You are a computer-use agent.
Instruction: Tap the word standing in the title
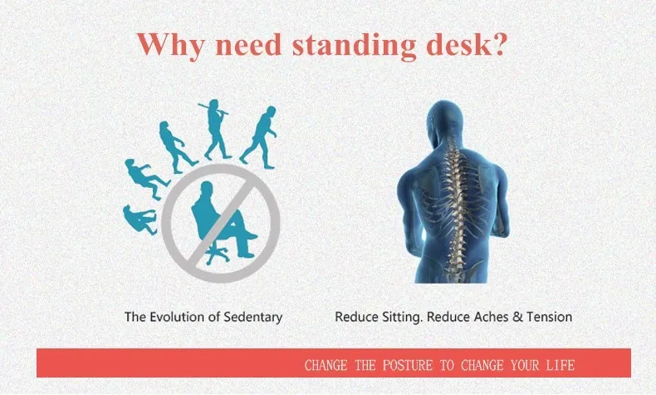pyautogui.click(x=354, y=45)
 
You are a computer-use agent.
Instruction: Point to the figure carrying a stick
pyautogui.click(x=216, y=129)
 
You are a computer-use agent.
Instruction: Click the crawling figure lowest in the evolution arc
pyautogui.click(x=140, y=220)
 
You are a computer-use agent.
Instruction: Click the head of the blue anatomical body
pyautogui.click(x=444, y=120)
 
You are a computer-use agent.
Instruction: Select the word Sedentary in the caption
pyautogui.click(x=252, y=318)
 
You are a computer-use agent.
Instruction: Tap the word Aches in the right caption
pyautogui.click(x=491, y=317)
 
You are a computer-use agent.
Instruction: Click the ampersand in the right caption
pyautogui.click(x=517, y=317)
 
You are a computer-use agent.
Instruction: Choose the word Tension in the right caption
pyautogui.click(x=550, y=317)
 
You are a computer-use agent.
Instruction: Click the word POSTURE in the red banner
pyautogui.click(x=408, y=366)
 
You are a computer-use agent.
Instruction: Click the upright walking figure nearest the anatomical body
pyautogui.click(x=259, y=137)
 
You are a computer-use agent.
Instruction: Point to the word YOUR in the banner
pyautogui.click(x=524, y=366)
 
